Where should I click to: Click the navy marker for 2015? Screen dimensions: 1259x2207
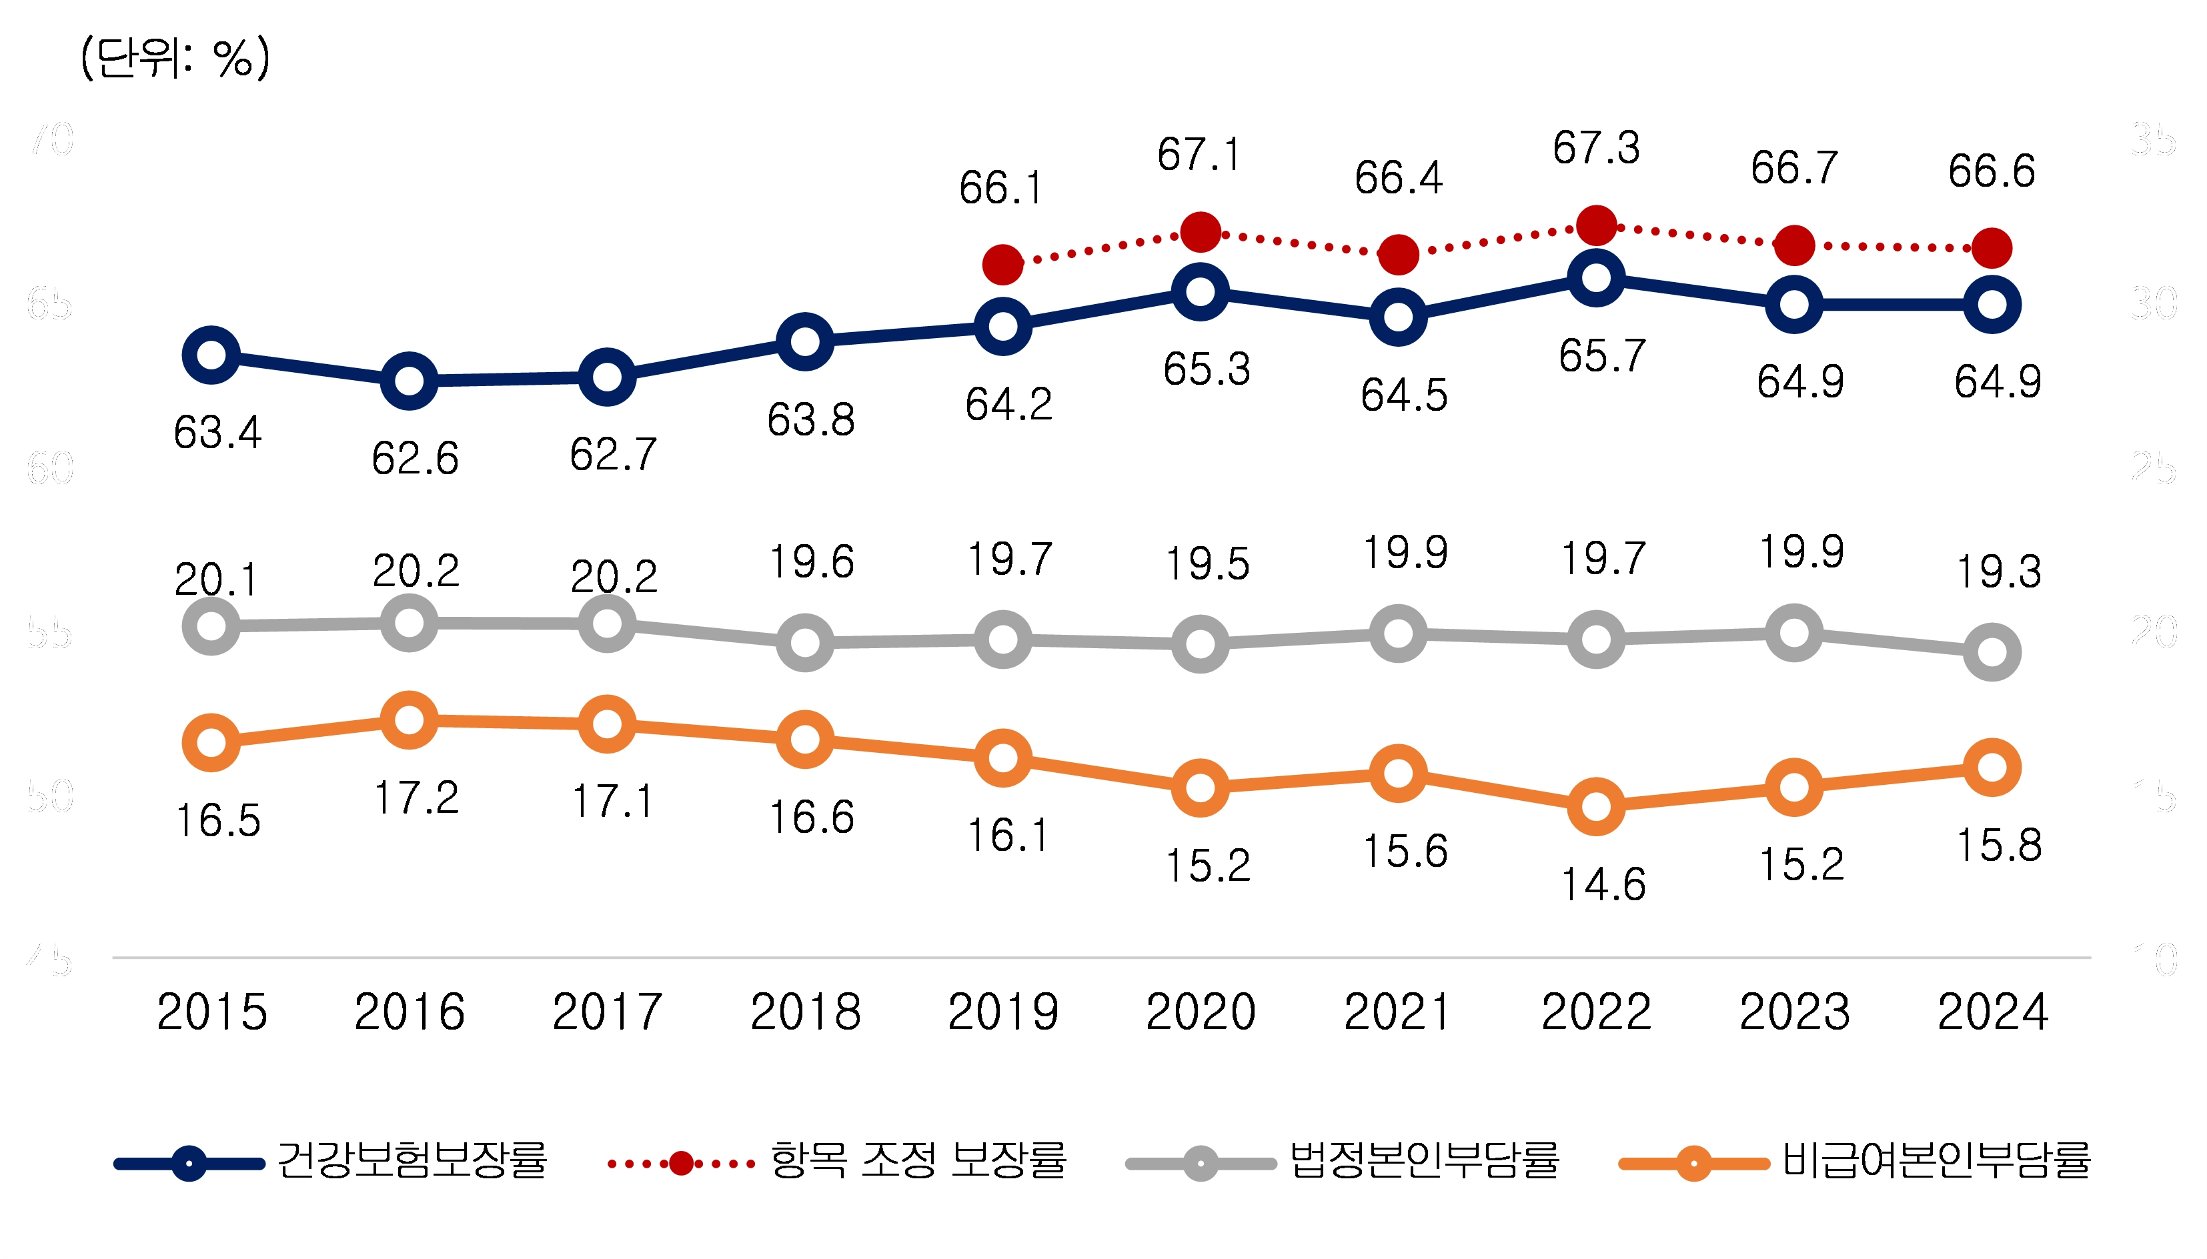click(211, 355)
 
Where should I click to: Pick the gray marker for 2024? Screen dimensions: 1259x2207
click(1992, 651)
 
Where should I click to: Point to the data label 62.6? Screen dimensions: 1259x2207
click(415, 458)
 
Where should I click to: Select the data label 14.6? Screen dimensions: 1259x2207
click(1603, 885)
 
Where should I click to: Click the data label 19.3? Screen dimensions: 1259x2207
click(1999, 571)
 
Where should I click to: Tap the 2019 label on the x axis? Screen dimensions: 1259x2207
click(1003, 1012)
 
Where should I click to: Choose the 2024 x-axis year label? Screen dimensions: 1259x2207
click(1992, 1012)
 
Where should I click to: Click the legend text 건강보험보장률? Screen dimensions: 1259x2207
click(412, 1160)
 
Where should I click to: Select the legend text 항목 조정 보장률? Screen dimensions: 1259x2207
click(918, 1160)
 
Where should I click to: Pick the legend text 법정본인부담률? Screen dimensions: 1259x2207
click(1423, 1160)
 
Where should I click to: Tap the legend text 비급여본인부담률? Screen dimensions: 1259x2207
click(1936, 1160)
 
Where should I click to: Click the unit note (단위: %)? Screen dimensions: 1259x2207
click(175, 59)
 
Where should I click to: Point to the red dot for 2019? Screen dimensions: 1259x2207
click(1003, 263)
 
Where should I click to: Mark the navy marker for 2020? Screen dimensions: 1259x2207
click(1201, 291)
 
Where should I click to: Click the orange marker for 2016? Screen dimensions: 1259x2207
click(409, 720)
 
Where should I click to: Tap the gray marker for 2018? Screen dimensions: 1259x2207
click(805, 642)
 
